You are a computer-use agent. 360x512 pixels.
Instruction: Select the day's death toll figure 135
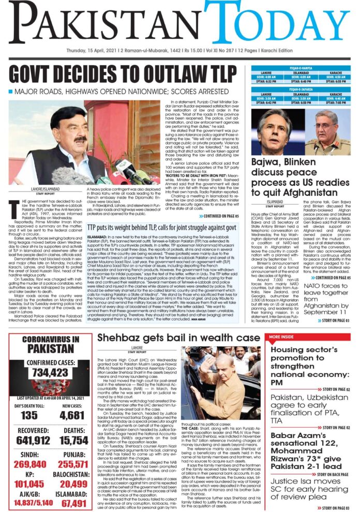tap(29, 415)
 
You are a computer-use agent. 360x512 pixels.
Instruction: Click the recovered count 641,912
tap(29, 441)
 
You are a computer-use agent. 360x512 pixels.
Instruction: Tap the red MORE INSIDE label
tap(282, 337)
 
